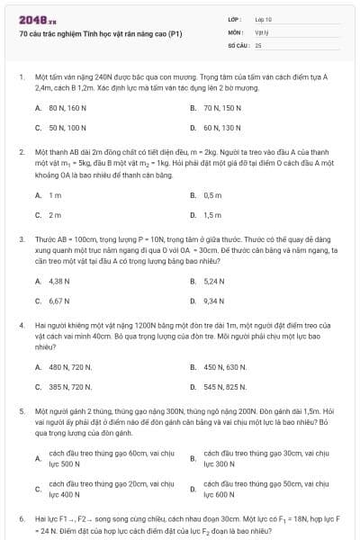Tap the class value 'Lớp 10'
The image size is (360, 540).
click(x=263, y=19)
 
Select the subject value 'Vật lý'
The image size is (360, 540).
click(x=261, y=31)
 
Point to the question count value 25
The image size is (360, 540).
click(x=258, y=43)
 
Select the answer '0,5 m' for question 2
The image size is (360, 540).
click(x=212, y=194)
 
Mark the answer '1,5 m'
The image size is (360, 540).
click(x=212, y=215)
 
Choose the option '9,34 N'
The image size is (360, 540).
click(x=214, y=301)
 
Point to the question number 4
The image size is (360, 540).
click(x=21, y=323)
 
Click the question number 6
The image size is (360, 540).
click(x=21, y=519)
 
